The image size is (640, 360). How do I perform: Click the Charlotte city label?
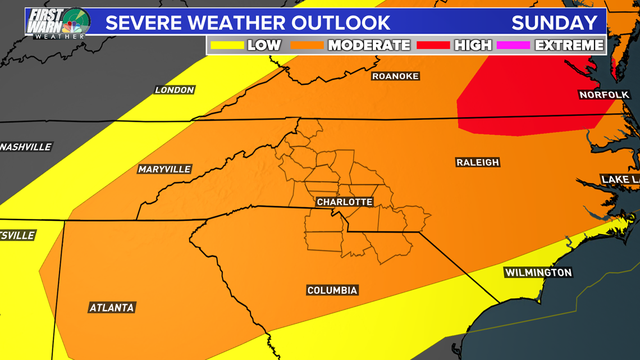(x=345, y=202)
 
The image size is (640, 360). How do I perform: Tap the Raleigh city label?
(x=478, y=162)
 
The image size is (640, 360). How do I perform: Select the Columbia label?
(x=332, y=290)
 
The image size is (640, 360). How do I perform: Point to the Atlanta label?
(x=112, y=308)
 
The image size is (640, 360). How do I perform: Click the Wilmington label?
(x=538, y=273)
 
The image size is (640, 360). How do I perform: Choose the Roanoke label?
(x=396, y=76)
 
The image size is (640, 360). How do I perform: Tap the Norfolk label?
(x=604, y=95)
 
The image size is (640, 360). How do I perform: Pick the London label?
(x=175, y=90)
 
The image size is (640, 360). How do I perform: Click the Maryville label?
(x=164, y=169)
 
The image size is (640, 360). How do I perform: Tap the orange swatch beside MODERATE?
(x=307, y=45)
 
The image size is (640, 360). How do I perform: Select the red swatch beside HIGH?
(x=433, y=45)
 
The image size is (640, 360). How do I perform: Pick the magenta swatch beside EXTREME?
(x=513, y=45)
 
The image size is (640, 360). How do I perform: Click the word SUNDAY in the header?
(x=554, y=23)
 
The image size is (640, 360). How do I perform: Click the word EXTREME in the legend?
(x=569, y=45)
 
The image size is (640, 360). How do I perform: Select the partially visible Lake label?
(x=620, y=180)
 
